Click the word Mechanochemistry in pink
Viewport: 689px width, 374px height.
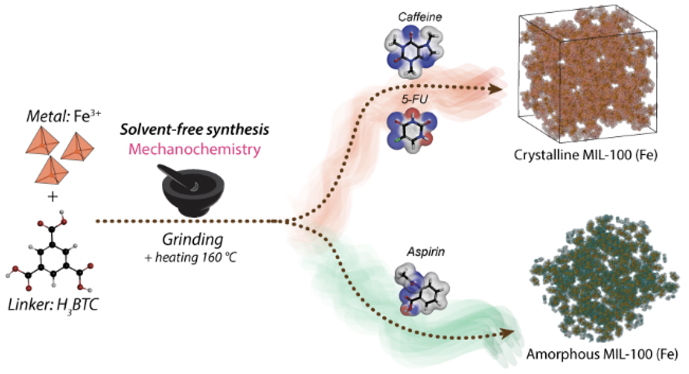pos(195,150)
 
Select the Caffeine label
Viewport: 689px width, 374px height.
pos(420,17)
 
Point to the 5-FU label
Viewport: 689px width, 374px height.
pos(414,100)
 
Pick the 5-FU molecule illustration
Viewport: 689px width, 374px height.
pos(412,130)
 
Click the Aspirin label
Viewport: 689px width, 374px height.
pos(426,252)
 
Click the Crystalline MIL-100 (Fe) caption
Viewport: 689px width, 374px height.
pos(586,156)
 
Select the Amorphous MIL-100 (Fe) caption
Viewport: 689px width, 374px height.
pos(602,354)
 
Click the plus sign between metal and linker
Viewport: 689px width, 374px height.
pos(52,197)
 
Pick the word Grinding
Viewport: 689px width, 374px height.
pos(193,240)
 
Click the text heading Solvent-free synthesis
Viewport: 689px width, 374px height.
pos(195,130)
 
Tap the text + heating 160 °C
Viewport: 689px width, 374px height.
pos(191,257)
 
